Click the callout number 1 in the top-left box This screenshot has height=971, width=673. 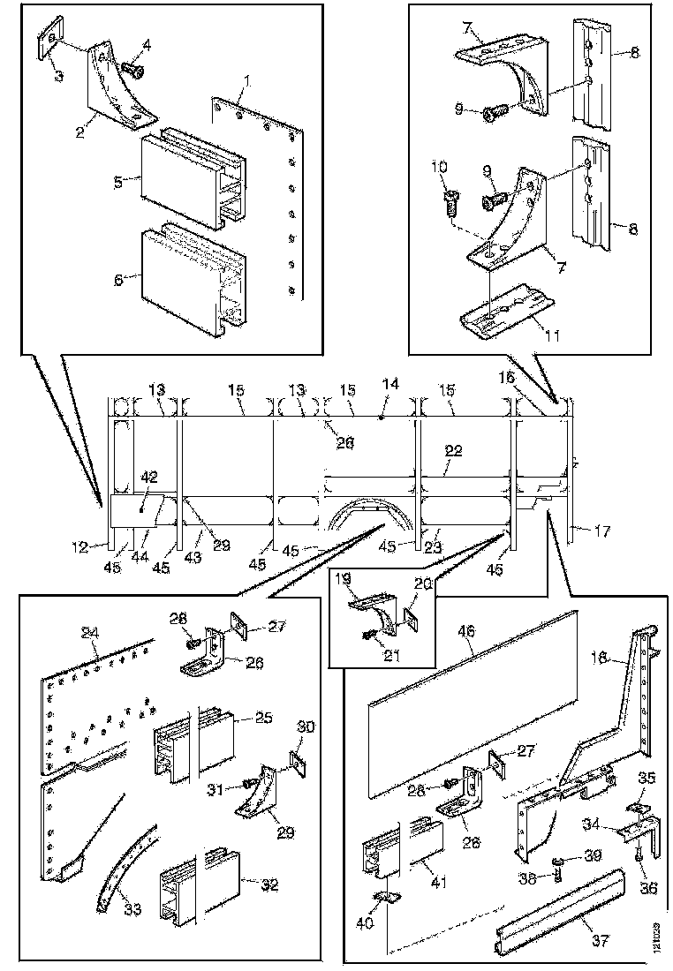[248, 81]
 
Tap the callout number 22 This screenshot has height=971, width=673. [453, 449]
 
